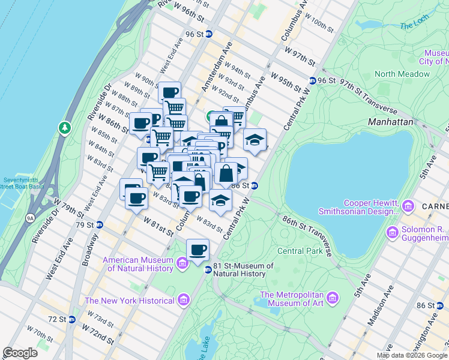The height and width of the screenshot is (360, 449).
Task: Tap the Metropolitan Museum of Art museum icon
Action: [331, 297]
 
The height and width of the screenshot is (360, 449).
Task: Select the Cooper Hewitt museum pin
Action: [408, 206]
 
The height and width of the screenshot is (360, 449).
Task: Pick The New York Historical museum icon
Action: [183, 299]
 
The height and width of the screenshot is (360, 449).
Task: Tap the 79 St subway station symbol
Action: [100, 225]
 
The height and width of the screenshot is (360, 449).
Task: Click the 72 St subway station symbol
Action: [71, 319]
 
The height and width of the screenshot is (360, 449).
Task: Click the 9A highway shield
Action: [30, 218]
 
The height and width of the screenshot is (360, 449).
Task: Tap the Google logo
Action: [20, 353]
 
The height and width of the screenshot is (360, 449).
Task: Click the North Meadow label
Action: [402, 74]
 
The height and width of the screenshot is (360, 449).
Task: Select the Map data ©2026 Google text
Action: [412, 355]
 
